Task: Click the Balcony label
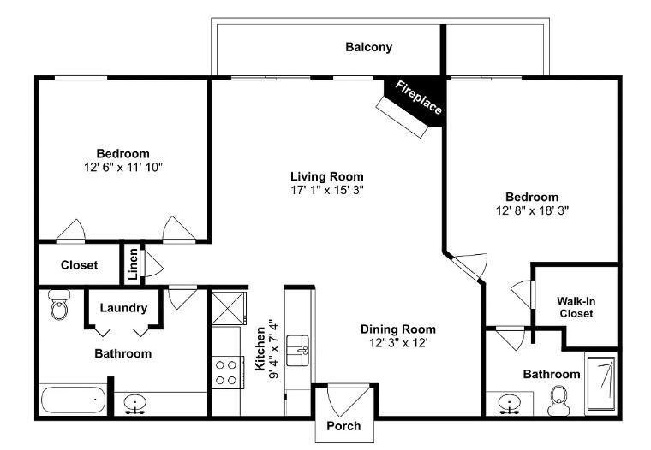click(x=369, y=47)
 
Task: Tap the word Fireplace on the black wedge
click(x=419, y=98)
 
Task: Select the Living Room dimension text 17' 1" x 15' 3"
click(x=327, y=191)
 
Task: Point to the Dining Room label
click(x=397, y=329)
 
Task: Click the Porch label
click(x=344, y=425)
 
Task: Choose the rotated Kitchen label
click(x=261, y=347)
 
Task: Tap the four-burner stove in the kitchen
click(x=227, y=372)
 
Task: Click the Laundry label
click(x=123, y=308)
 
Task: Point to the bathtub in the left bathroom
click(x=73, y=400)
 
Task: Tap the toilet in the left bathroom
click(x=59, y=304)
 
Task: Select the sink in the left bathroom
click(x=134, y=403)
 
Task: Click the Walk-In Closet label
click(x=576, y=307)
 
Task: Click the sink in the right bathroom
click(x=511, y=402)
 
